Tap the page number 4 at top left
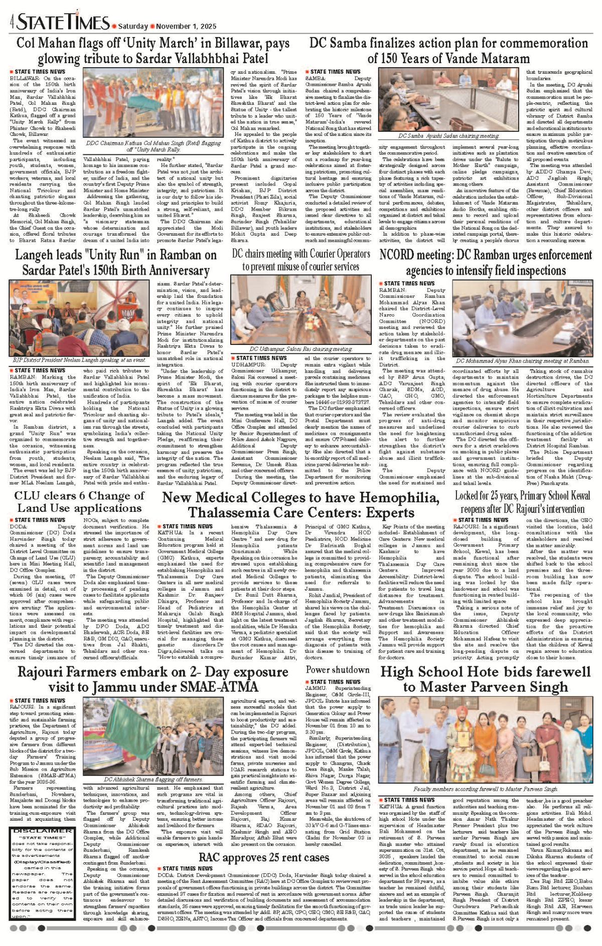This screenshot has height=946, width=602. (12, 23)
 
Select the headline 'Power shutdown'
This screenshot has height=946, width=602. (337, 669)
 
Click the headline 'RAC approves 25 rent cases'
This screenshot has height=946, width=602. (263, 858)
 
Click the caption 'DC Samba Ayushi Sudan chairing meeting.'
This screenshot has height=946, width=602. (448, 136)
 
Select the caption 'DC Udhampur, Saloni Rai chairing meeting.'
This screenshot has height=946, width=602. (300, 349)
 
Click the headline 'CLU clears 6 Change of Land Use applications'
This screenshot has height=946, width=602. (79, 502)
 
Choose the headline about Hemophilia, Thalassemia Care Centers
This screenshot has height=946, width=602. (300, 505)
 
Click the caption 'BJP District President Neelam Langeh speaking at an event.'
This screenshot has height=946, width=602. (79, 360)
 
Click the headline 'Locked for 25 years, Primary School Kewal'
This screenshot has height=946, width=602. (522, 496)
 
